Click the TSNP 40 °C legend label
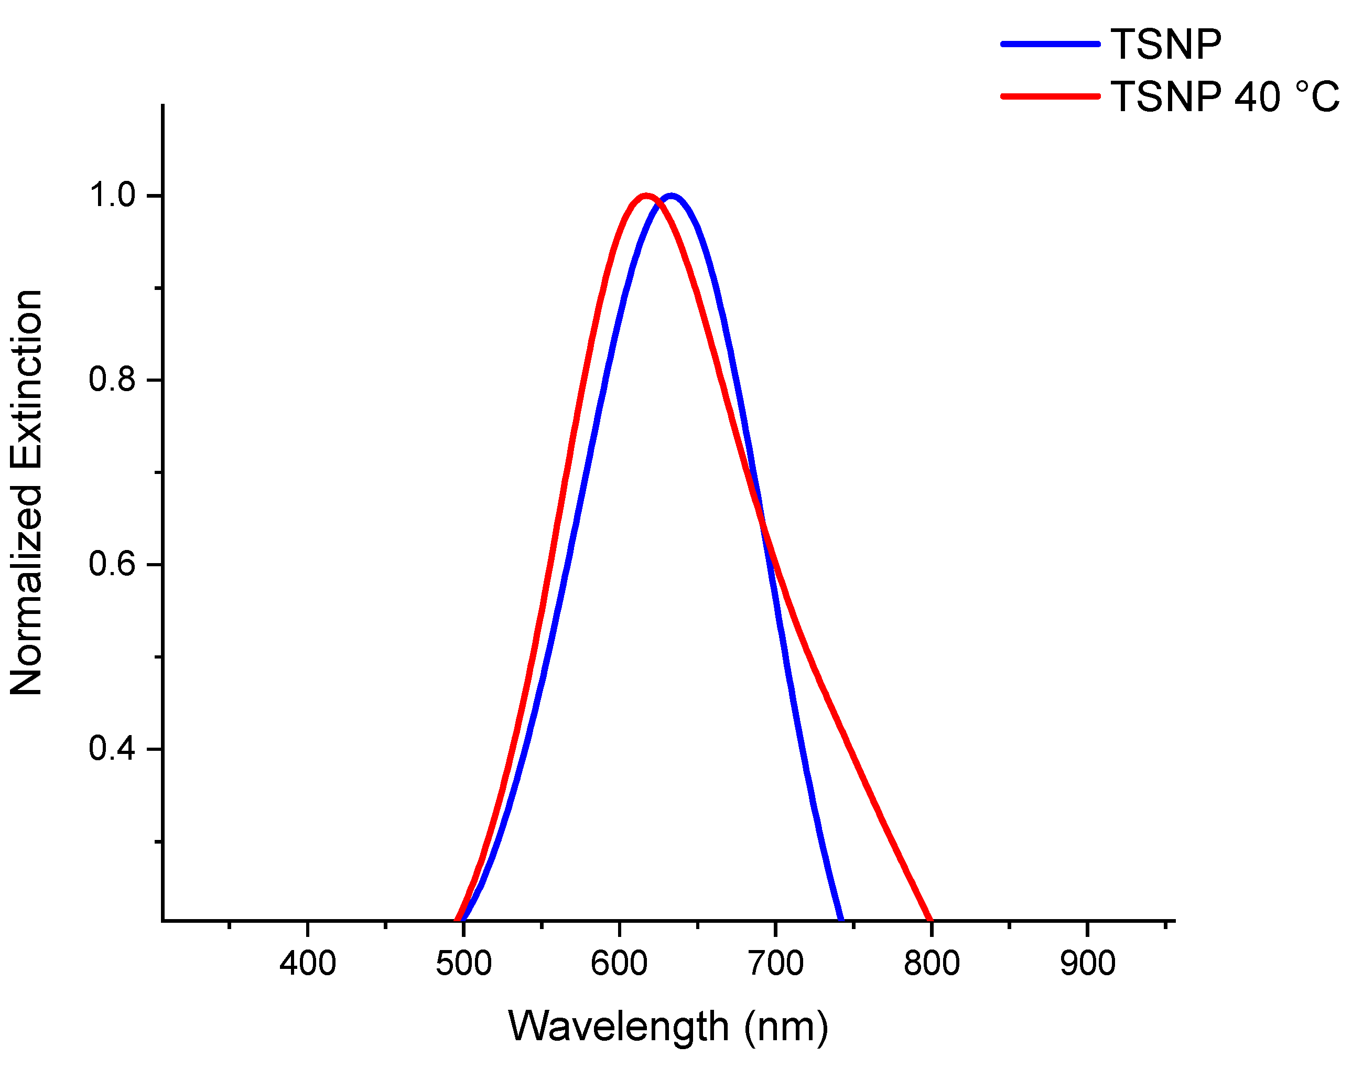pyautogui.click(x=1225, y=97)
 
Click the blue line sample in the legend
pyautogui.click(x=1050, y=44)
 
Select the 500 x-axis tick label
pyautogui.click(x=463, y=964)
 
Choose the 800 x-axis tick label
pyautogui.click(x=932, y=964)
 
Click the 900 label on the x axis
pyautogui.click(x=1088, y=964)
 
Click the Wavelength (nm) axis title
pyautogui.click(x=667, y=1027)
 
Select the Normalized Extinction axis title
pyautogui.click(x=26, y=493)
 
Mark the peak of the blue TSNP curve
pyautogui.click(x=672, y=196)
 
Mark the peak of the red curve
pyautogui.click(x=646, y=196)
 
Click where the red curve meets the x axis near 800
pyautogui.click(x=930, y=919)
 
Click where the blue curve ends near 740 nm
pyautogui.click(x=841, y=918)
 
